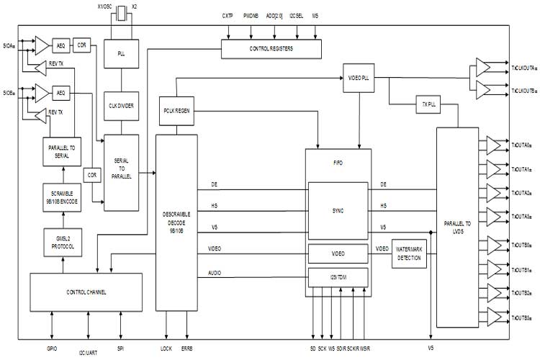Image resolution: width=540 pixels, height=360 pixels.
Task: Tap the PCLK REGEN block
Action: (x=175, y=111)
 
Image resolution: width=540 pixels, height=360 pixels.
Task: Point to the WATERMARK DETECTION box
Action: (x=410, y=253)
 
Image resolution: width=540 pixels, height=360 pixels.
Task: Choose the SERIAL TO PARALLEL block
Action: (x=122, y=173)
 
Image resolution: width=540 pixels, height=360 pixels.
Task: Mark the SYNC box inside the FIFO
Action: (x=338, y=210)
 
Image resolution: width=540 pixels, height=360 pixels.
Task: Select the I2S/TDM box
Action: (x=338, y=276)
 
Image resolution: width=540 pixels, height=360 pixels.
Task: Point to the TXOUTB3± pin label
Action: (x=521, y=318)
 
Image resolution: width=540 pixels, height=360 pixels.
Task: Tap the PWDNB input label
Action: (x=250, y=14)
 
